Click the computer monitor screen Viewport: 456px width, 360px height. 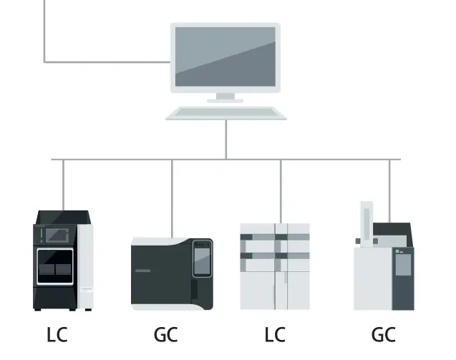(x=225, y=57)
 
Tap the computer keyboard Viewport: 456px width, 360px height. (x=226, y=113)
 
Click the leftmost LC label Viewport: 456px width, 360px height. (x=57, y=334)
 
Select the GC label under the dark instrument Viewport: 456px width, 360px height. (x=165, y=334)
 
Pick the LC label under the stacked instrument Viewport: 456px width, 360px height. (x=275, y=334)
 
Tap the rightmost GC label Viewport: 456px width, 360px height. (x=383, y=334)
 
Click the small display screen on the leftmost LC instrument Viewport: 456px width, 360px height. (x=57, y=235)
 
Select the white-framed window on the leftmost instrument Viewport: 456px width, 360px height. (x=55, y=266)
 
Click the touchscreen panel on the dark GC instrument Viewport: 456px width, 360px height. (x=202, y=258)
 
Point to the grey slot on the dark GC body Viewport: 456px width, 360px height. (x=142, y=271)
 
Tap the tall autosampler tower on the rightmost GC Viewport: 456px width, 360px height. (x=367, y=224)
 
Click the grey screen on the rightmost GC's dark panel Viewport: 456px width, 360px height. (x=403, y=265)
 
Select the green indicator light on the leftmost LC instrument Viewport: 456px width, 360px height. (x=42, y=233)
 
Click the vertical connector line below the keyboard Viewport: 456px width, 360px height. (x=226, y=140)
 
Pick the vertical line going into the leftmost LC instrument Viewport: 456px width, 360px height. (x=64, y=185)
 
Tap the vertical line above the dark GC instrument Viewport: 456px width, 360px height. (x=172, y=199)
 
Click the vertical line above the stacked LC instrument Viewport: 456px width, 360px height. (x=281, y=191)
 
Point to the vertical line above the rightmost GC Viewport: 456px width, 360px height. (x=389, y=191)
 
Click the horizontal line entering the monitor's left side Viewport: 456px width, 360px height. (x=107, y=62)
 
